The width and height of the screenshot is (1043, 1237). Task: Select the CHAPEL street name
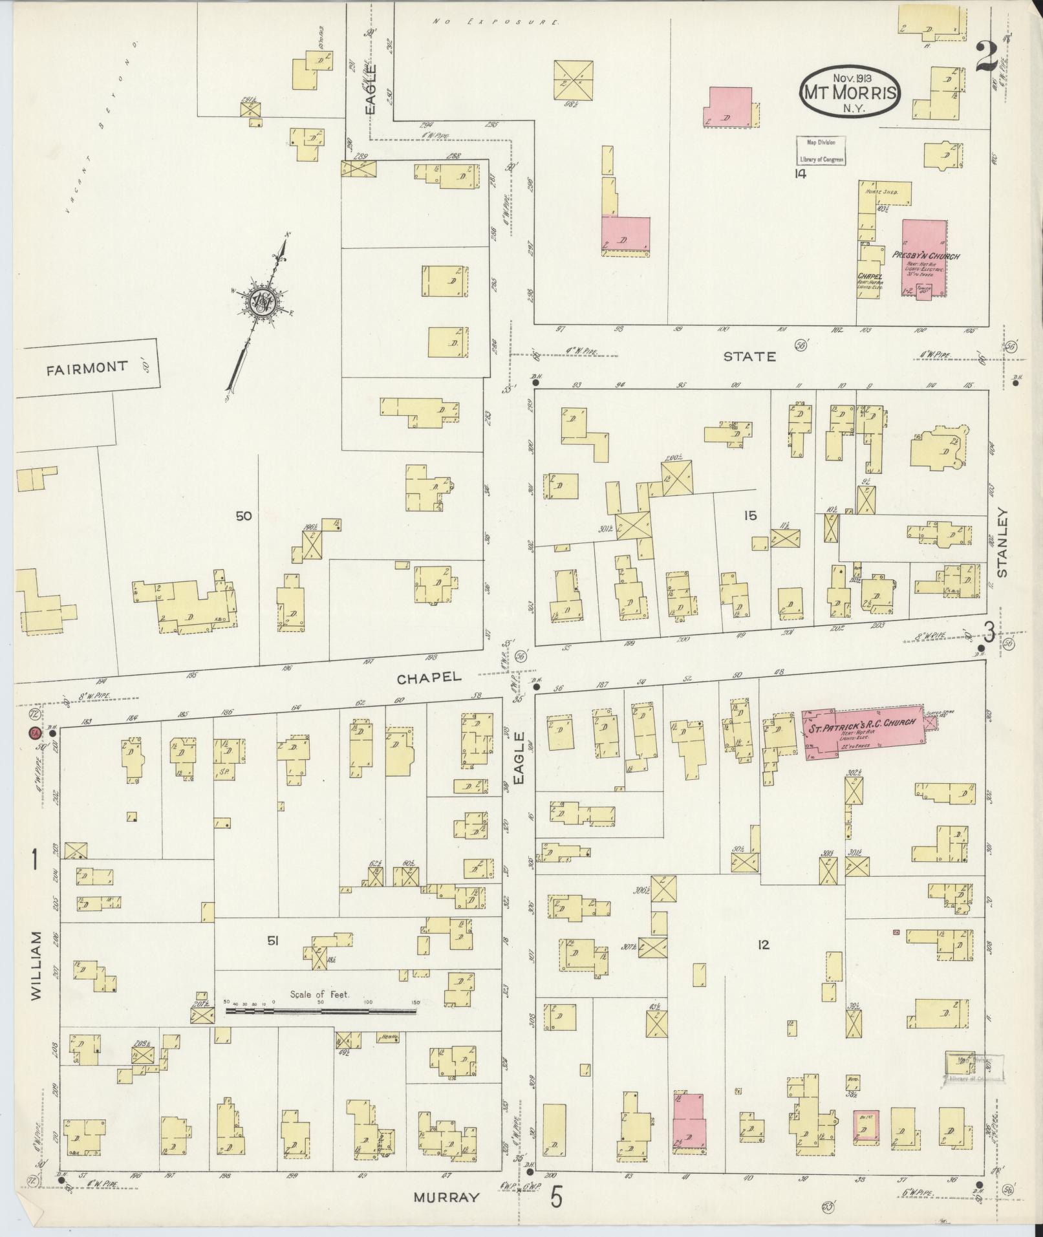pos(429,677)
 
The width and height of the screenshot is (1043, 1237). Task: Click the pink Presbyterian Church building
pos(924,257)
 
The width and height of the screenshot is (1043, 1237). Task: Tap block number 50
pos(244,516)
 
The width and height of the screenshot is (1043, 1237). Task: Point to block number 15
pos(749,515)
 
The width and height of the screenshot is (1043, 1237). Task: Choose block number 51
pos(274,942)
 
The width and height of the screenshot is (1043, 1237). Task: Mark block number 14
pos(801,173)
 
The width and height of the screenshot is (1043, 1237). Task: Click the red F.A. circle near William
pos(32,733)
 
